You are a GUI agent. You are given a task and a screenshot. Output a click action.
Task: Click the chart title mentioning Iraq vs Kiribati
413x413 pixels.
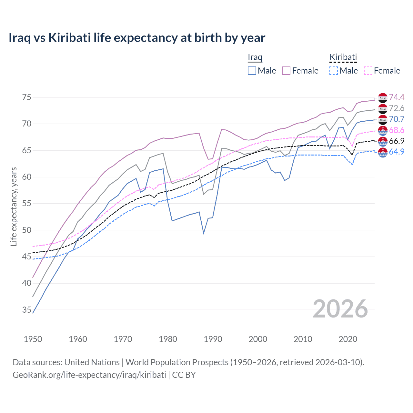click(x=137, y=38)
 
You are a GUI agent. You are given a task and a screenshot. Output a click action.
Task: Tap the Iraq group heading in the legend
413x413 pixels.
click(x=255, y=57)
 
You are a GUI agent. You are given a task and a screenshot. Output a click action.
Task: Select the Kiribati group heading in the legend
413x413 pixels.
click(x=343, y=57)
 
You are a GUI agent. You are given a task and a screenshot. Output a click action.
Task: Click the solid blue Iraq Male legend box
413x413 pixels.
click(x=252, y=71)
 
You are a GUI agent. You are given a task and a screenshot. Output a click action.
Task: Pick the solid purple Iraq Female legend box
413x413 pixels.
click(x=286, y=71)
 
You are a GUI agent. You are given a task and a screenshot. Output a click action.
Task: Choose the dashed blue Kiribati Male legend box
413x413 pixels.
click(x=334, y=71)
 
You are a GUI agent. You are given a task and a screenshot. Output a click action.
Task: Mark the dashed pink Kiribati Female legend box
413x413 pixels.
click(x=368, y=71)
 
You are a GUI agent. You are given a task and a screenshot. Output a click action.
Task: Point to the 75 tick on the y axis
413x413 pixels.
click(x=26, y=97)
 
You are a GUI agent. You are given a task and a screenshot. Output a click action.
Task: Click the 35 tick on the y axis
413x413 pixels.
click(x=26, y=310)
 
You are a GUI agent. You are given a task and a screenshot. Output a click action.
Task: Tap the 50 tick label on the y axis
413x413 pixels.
click(x=26, y=230)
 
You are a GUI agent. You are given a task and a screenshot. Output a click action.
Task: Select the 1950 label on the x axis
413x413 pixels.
click(x=33, y=339)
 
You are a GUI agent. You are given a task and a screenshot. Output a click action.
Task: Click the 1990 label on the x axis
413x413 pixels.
click(x=213, y=339)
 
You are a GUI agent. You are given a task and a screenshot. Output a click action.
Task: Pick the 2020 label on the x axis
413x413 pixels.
click(x=348, y=339)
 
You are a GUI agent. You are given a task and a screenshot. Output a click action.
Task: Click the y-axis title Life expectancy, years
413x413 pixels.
click(x=14, y=206)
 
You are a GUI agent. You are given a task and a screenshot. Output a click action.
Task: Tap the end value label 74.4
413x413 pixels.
click(x=397, y=97)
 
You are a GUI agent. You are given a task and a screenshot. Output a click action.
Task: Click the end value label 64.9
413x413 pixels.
click(x=397, y=152)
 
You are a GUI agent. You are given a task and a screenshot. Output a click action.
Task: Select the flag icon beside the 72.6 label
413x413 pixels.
click(x=383, y=108)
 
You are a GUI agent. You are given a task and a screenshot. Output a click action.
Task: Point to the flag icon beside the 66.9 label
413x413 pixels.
click(x=383, y=141)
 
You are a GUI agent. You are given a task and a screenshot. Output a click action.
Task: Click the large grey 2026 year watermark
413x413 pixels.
click(x=340, y=309)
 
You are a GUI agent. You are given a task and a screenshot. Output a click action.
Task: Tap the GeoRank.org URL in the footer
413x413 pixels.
click(x=89, y=375)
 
